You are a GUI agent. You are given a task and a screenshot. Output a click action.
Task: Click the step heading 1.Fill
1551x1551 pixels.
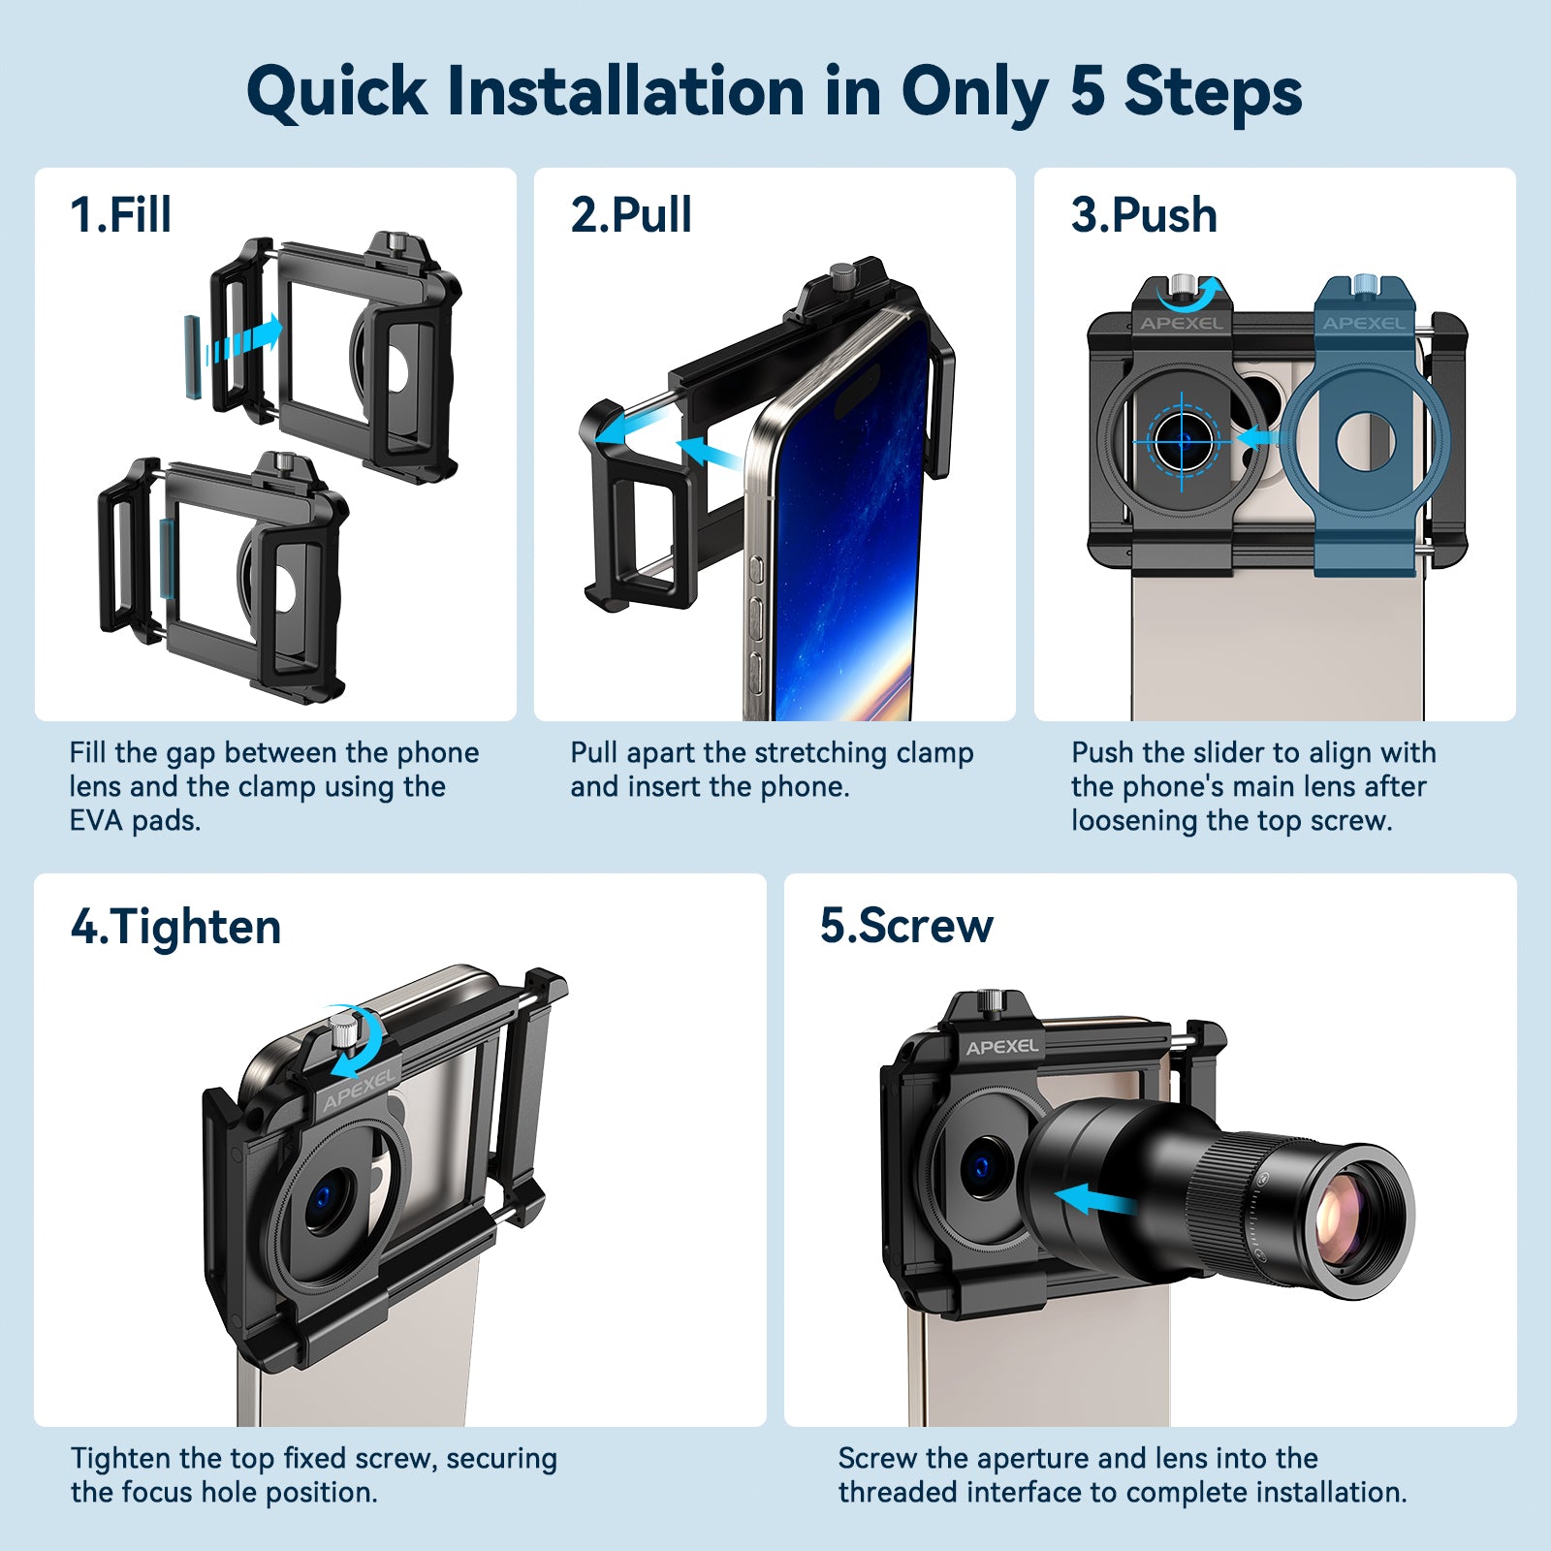tap(120, 215)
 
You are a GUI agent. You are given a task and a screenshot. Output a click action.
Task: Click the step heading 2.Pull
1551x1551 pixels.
tap(631, 215)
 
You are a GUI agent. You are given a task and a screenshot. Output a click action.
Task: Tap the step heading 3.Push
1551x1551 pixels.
tap(1144, 215)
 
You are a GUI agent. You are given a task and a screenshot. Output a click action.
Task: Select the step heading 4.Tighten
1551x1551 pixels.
tap(175, 927)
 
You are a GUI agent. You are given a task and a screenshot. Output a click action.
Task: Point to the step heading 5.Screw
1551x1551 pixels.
tap(906, 926)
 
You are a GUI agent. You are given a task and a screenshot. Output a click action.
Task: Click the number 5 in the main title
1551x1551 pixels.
tap(1087, 92)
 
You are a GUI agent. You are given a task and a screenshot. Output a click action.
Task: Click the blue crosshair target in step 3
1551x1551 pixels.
tap(1183, 441)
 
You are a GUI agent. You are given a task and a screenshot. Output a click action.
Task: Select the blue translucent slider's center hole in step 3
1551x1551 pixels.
tap(1365, 439)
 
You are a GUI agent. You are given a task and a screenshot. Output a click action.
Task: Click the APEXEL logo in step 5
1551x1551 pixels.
tap(1002, 1047)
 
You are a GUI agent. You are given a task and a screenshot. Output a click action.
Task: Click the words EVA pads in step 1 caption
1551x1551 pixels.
tap(135, 821)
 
